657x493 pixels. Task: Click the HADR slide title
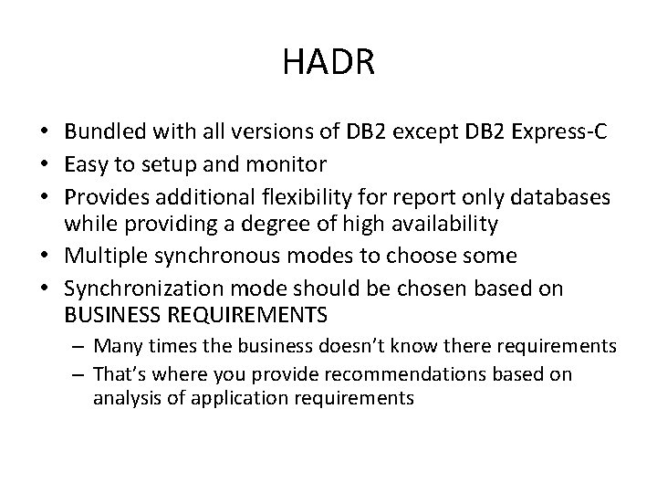328,63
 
